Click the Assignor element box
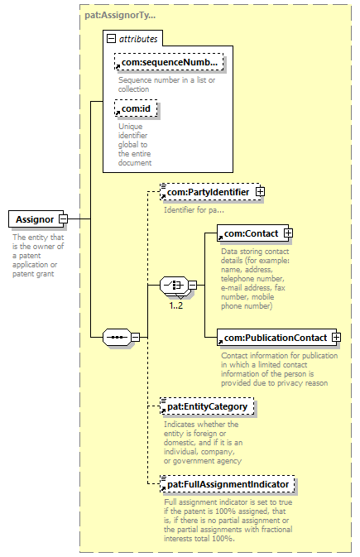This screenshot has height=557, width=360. (36, 219)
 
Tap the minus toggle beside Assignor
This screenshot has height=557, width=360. (63, 219)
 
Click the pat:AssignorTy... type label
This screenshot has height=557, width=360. (120, 15)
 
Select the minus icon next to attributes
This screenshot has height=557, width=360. (111, 39)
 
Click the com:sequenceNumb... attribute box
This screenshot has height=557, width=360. (169, 62)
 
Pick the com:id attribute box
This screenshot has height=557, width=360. (136, 108)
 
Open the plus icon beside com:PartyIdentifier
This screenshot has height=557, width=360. (260, 192)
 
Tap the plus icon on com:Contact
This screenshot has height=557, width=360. (288, 233)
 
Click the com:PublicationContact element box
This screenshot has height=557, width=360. (276, 338)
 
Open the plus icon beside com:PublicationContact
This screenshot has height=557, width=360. (336, 338)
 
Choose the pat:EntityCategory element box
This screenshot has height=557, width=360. (207, 406)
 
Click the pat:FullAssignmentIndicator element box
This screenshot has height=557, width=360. (228, 484)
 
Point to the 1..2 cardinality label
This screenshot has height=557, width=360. (176, 305)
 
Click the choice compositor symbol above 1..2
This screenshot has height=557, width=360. (174, 285)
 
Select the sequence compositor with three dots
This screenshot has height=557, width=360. (117, 337)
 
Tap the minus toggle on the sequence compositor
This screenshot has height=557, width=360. (136, 337)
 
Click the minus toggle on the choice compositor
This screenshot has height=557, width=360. (193, 285)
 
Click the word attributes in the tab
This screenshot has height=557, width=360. (138, 39)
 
